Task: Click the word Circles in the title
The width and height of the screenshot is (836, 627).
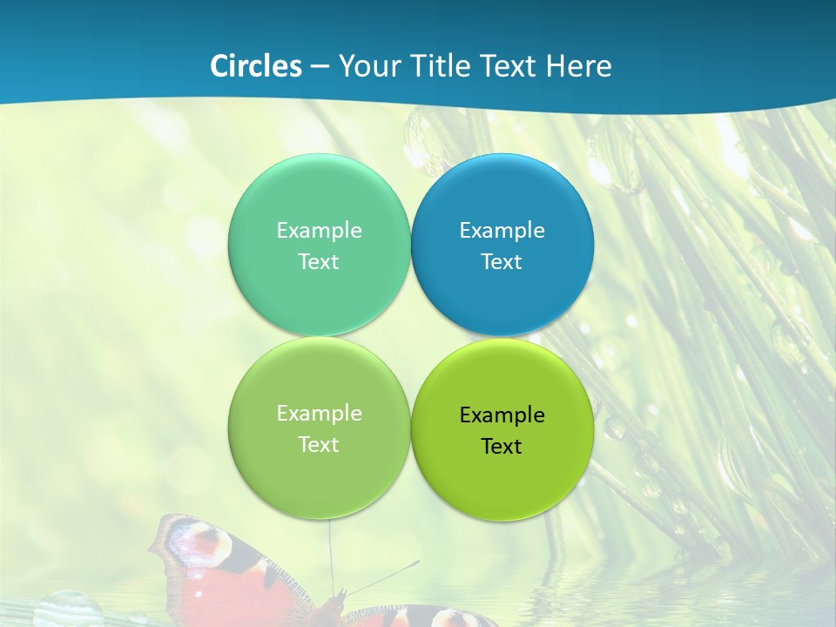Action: [256, 66]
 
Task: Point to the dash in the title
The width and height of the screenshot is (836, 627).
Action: [320, 67]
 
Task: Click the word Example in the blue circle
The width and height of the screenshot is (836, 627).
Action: [502, 230]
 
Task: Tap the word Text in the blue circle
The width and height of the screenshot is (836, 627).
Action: [502, 261]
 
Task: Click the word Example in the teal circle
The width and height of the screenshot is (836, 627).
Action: [319, 230]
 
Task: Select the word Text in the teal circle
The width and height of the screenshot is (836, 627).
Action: [319, 261]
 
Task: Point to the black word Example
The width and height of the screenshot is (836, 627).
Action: [502, 415]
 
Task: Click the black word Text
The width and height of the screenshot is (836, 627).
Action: [502, 446]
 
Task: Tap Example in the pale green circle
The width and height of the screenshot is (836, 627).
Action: [319, 413]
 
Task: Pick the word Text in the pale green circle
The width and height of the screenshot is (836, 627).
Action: [319, 444]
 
